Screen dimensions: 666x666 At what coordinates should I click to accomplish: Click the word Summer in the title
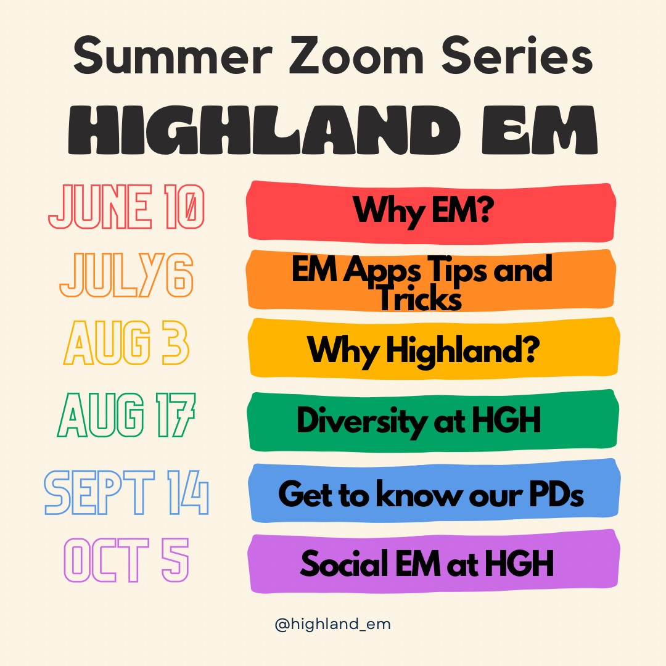(x=173, y=55)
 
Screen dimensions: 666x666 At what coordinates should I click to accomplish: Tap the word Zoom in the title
(x=356, y=55)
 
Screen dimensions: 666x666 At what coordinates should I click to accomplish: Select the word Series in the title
(x=517, y=55)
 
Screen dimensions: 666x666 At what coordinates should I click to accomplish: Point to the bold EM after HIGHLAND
(x=540, y=129)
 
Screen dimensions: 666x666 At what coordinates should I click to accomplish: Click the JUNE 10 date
(x=126, y=207)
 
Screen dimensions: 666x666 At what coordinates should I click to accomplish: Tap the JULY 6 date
(x=126, y=275)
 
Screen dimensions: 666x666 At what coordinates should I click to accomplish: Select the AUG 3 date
(x=126, y=343)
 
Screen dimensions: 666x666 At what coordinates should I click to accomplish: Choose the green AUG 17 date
(x=126, y=415)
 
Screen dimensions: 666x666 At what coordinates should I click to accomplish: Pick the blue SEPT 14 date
(x=126, y=493)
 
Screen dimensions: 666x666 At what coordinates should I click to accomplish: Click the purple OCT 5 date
(x=126, y=560)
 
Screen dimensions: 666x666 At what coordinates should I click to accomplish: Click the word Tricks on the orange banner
(x=420, y=298)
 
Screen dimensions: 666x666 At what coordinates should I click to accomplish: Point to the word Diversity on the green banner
(x=362, y=421)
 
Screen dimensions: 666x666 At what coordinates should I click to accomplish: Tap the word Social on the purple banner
(x=345, y=563)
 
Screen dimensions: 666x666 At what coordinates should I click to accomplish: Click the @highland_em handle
(x=332, y=624)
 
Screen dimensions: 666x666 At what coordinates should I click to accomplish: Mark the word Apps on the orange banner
(x=382, y=271)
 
